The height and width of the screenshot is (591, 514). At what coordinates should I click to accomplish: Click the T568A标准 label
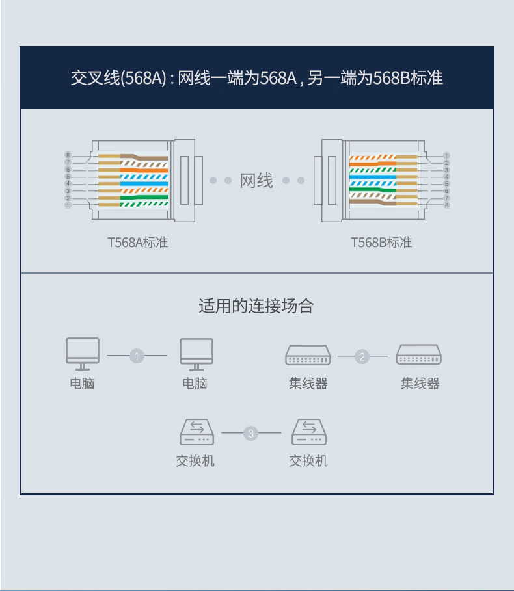138,243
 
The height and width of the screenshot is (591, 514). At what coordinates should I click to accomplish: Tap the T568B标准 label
381,243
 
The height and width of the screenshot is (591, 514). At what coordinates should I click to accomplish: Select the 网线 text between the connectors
256,180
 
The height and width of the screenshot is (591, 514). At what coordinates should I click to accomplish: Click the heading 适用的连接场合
256,306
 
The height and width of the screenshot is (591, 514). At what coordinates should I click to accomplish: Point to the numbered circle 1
137,356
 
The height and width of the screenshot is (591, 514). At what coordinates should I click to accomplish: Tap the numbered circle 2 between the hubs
362,356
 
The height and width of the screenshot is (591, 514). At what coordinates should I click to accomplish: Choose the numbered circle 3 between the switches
250,433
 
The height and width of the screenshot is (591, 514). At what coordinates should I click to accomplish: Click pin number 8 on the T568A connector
68,155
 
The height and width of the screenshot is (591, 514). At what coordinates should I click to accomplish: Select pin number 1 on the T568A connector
68,205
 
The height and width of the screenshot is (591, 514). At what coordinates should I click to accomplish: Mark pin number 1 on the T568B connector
446,155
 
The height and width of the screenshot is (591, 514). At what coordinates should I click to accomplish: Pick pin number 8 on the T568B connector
446,205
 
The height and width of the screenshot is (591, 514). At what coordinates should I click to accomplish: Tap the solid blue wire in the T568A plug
144,183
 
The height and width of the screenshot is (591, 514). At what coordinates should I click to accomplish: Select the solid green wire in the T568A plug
144,197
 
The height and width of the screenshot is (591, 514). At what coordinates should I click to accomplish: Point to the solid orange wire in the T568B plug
373,164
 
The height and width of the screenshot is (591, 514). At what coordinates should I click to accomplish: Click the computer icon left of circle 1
83,354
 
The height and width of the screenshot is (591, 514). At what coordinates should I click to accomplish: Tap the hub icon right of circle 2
418,354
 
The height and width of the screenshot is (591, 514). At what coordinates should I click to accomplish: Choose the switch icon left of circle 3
197,432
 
